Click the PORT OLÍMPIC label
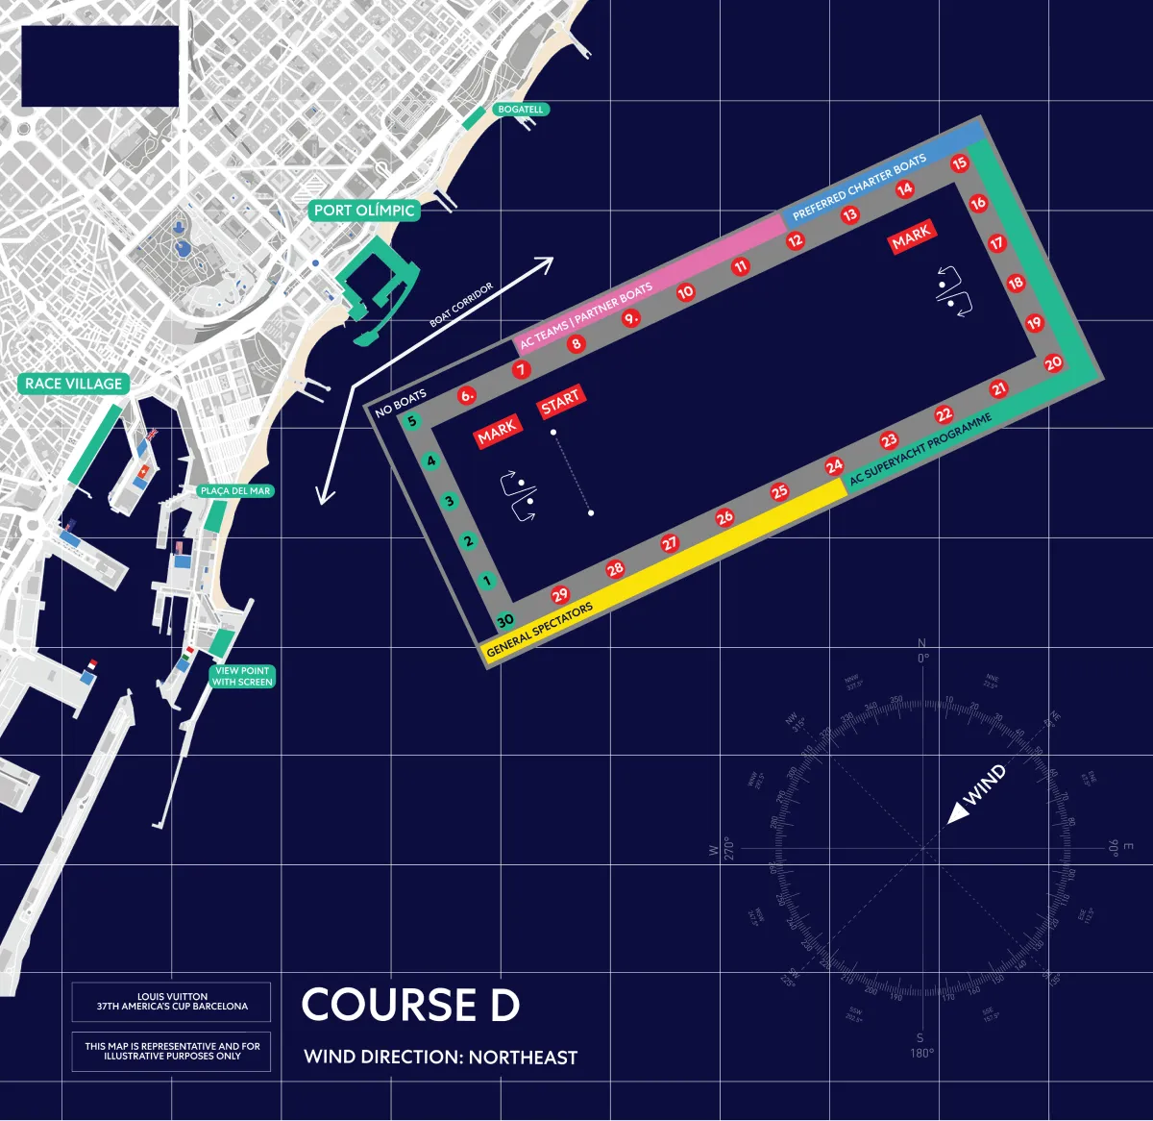(364, 211)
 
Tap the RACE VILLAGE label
(74, 384)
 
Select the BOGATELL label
(520, 110)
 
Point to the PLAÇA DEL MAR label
(235, 491)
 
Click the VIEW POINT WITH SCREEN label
(242, 677)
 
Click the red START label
(560, 401)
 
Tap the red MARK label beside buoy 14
(911, 236)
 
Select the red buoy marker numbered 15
(959, 163)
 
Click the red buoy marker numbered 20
(1053, 363)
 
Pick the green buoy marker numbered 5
(412, 421)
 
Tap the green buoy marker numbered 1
(487, 581)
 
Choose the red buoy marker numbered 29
(560, 595)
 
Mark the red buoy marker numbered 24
(834, 466)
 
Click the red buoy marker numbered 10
(685, 292)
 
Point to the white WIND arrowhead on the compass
(957, 814)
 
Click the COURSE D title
(410, 1006)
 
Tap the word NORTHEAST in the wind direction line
(524, 1058)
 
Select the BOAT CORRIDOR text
(461, 304)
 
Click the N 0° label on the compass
(922, 651)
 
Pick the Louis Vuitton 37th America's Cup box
(171, 1002)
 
